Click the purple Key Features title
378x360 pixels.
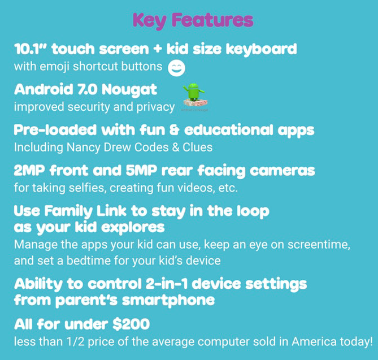click(193, 20)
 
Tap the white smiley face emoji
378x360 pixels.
click(176, 68)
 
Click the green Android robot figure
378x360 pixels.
click(194, 92)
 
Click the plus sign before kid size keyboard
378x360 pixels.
click(158, 49)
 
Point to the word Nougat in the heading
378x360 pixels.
click(129, 90)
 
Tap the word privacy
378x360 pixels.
click(155, 107)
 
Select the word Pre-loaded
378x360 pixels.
click(55, 130)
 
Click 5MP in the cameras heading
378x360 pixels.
click(141, 171)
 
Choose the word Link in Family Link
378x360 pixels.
click(111, 211)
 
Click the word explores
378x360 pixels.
click(133, 228)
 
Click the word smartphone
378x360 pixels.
click(168, 301)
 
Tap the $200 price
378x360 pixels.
click(131, 324)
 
